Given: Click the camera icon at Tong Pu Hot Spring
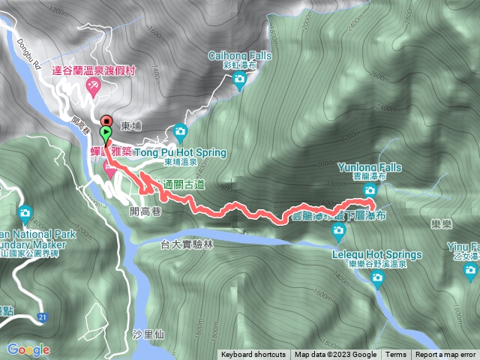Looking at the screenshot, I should tap(180, 133).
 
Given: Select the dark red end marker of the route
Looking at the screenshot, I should tap(106, 121).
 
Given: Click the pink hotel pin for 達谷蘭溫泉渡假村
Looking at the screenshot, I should tap(93, 88).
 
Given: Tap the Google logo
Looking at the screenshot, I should tap(28, 349).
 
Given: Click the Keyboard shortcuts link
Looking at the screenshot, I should tap(253, 355).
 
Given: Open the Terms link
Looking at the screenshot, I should tap(396, 355).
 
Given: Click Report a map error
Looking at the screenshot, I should tap(445, 355).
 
